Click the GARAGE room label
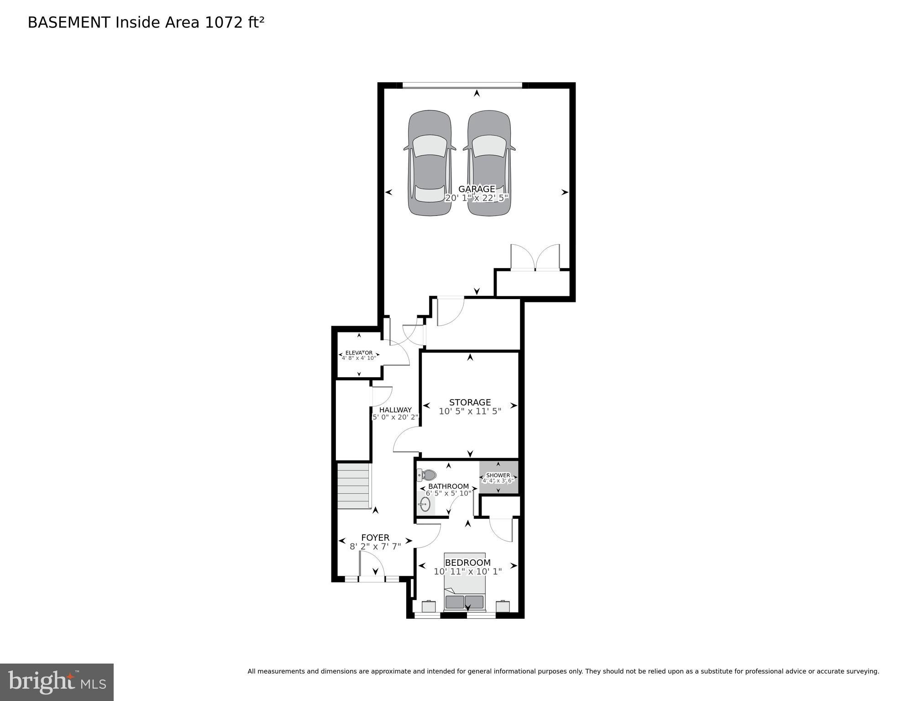[x=477, y=189]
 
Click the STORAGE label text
[x=470, y=402]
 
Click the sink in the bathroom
[x=425, y=504]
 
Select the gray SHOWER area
[x=498, y=477]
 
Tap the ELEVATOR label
[x=359, y=353]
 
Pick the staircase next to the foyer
[x=353, y=486]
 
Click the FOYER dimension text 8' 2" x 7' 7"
[x=375, y=546]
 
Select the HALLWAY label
[x=395, y=410]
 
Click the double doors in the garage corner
[x=535, y=258]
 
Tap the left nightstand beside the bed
[x=429, y=606]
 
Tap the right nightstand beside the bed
[x=503, y=606]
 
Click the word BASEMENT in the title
[x=69, y=22]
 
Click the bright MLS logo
[x=57, y=682]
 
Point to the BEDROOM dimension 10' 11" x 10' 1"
[x=467, y=571]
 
